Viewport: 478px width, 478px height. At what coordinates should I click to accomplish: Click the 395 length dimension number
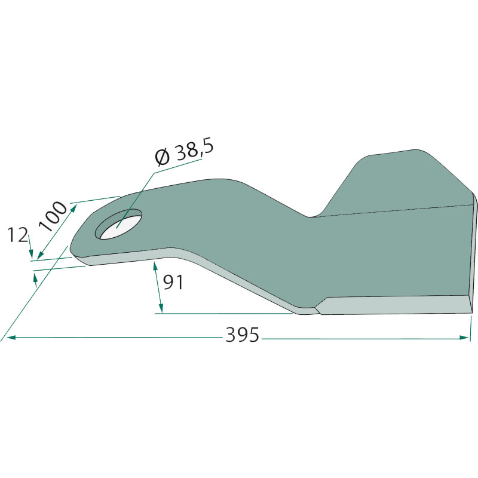click(x=242, y=335)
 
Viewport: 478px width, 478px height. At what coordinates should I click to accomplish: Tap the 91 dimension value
click(x=173, y=282)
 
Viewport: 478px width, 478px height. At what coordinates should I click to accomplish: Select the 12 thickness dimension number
click(x=17, y=235)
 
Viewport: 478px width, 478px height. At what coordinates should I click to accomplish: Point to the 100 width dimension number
click(x=53, y=216)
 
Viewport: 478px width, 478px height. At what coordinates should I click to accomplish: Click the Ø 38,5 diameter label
click(x=184, y=153)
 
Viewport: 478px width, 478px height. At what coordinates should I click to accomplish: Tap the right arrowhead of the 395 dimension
click(x=464, y=338)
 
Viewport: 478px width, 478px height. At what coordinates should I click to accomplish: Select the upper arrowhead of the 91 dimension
click(x=155, y=266)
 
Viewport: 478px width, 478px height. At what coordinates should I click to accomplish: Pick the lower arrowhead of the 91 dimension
click(x=161, y=308)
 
